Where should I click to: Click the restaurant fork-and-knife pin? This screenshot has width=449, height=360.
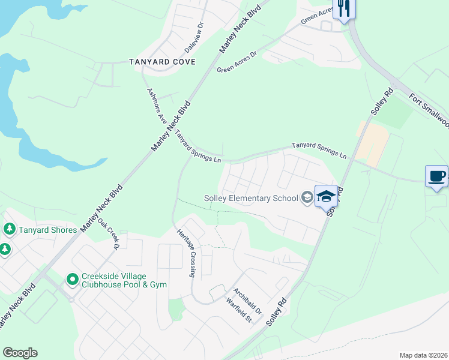point(343,8)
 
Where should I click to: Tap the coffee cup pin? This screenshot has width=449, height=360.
point(436,176)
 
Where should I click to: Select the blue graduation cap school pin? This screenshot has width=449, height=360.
point(326,196)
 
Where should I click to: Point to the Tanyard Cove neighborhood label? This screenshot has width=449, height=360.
point(162,62)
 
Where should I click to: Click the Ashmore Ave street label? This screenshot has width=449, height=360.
point(157,106)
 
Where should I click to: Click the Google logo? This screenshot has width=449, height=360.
point(20,353)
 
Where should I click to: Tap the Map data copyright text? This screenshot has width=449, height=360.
point(423,355)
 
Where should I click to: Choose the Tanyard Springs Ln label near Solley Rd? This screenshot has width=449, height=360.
point(319,150)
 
